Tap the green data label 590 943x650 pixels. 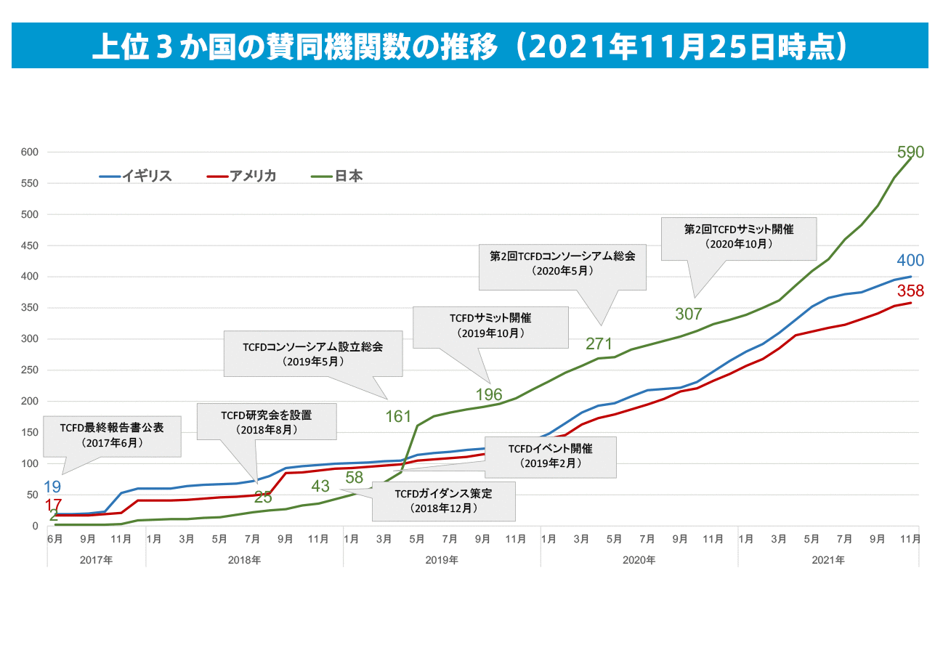[910, 153]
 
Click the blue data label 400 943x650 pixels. [910, 261]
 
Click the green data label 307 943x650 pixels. [688, 314]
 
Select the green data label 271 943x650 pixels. [599, 344]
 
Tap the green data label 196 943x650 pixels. [488, 395]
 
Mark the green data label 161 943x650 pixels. [398, 417]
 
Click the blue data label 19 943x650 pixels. [52, 487]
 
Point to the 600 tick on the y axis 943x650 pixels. [30, 153]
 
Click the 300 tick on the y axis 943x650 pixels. [30, 339]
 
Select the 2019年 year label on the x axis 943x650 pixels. [442, 560]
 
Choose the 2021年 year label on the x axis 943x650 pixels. [828, 560]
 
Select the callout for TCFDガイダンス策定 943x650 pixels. [443, 500]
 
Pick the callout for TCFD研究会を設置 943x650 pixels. [266, 421]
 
